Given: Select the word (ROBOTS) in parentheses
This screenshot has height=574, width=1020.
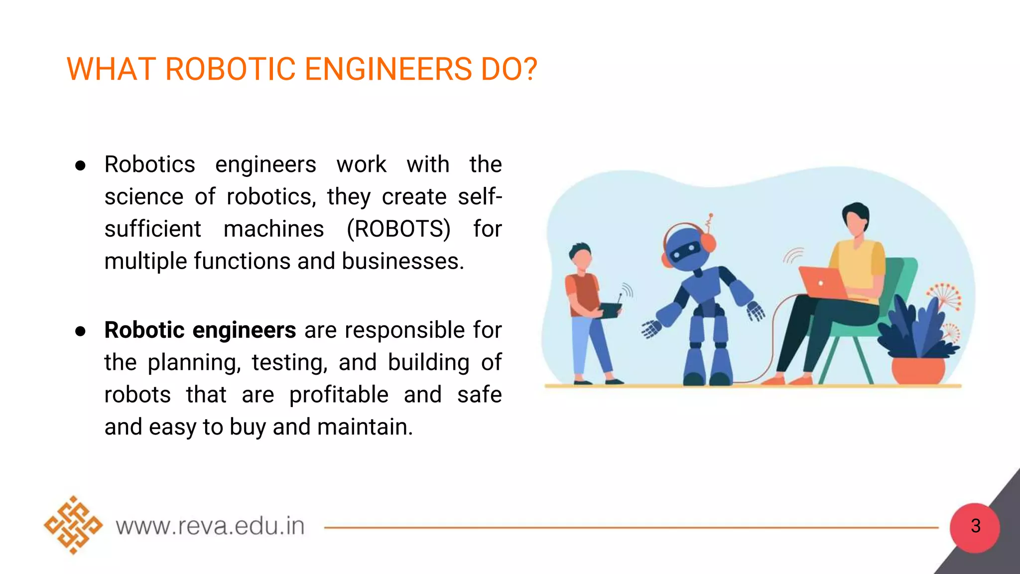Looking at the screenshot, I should pos(398,229).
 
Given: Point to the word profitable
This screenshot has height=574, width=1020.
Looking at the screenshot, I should pos(339,395).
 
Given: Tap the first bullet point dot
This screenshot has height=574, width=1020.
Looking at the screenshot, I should pos(80,165).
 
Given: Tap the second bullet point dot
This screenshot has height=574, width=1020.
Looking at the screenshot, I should pos(80,331).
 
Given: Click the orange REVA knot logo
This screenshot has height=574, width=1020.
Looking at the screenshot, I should pos(73,525).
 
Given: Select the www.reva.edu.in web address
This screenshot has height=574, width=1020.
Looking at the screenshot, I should pos(210,526).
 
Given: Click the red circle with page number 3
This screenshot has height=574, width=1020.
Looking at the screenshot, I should pos(975,527).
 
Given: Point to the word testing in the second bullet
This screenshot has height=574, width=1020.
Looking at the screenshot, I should pos(289,362).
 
